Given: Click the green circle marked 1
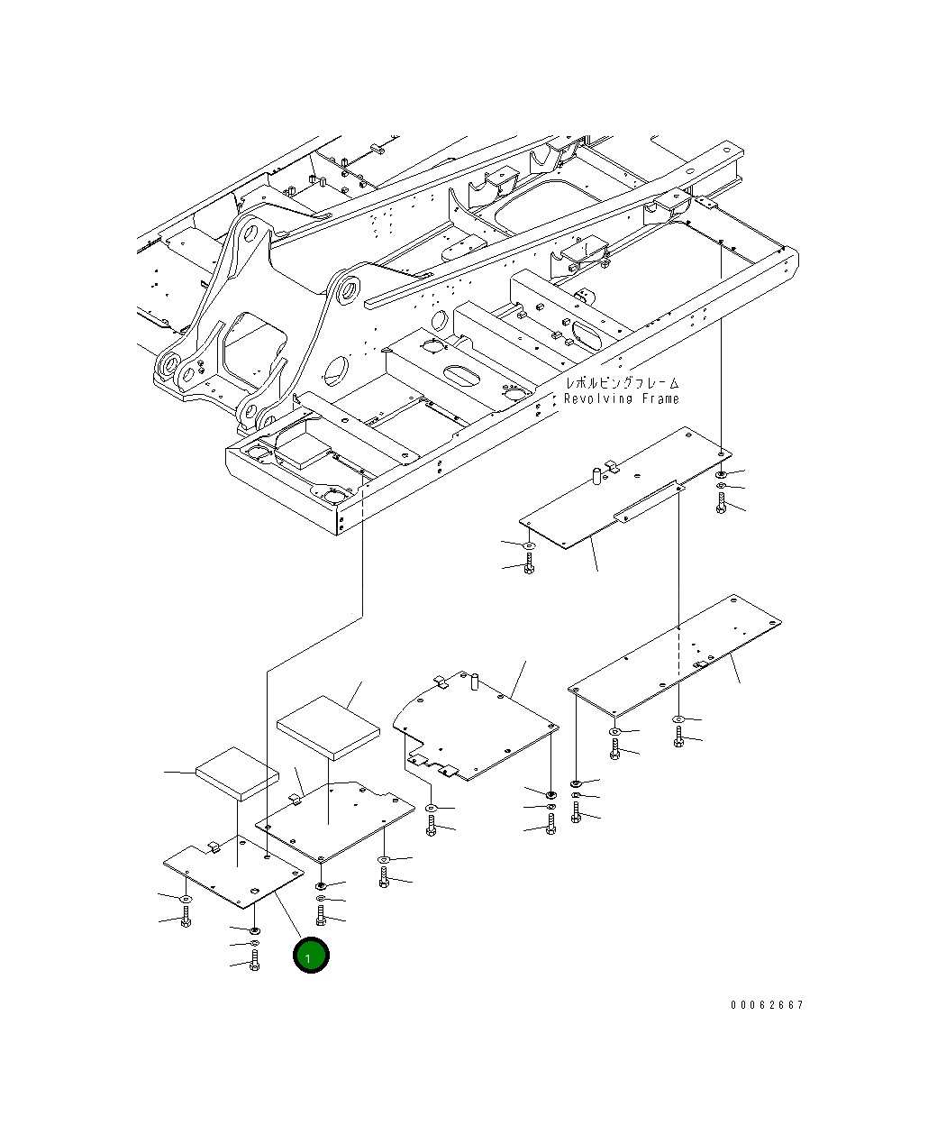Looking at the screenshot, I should pos(311,956).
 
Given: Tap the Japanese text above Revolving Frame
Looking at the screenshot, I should pos(622,384).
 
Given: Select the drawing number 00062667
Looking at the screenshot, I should pos(767,1005).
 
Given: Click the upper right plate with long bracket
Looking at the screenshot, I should pos(622,491).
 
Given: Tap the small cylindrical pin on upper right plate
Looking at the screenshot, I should pos(596,475).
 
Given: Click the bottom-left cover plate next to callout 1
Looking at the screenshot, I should pos(232,874).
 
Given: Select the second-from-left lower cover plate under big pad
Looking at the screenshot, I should pos(335,820).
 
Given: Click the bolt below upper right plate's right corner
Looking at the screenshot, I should pos(721,506).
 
